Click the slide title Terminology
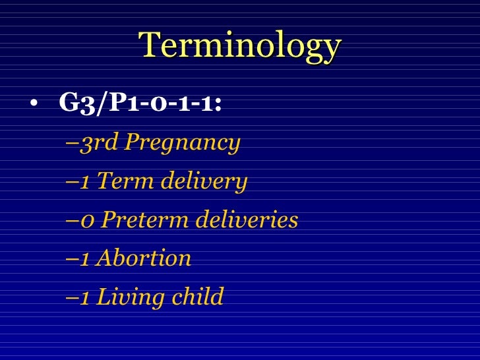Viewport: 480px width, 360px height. coord(240,46)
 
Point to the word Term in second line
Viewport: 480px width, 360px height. coord(121,181)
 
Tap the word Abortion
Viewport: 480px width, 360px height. coord(143,258)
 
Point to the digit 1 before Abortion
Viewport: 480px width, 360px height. coord(85,258)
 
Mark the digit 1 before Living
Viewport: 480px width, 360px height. coord(85,297)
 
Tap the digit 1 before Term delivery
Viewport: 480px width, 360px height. coord(85,181)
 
